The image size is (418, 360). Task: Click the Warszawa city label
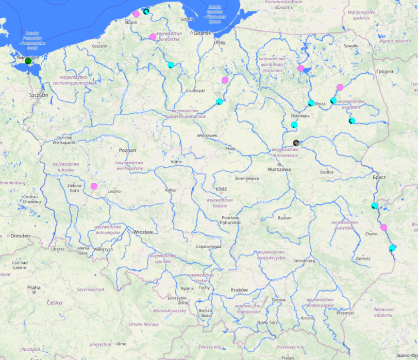279,169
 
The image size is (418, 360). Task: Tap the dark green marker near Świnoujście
28,61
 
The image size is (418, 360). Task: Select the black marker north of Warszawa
296,143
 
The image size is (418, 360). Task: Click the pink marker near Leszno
94,186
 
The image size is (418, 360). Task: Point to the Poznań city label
127,150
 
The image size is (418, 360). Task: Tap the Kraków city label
239,290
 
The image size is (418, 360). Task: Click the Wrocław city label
142,232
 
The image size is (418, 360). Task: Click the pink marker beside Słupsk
136,14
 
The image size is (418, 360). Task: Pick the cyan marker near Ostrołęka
294,125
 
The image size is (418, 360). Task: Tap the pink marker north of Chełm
383,227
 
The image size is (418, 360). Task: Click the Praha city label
34,287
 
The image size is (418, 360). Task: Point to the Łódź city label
222,189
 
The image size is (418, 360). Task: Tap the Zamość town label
363,258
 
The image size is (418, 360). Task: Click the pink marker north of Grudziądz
225,80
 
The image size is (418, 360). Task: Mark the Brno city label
122,344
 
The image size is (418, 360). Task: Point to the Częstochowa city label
209,246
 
